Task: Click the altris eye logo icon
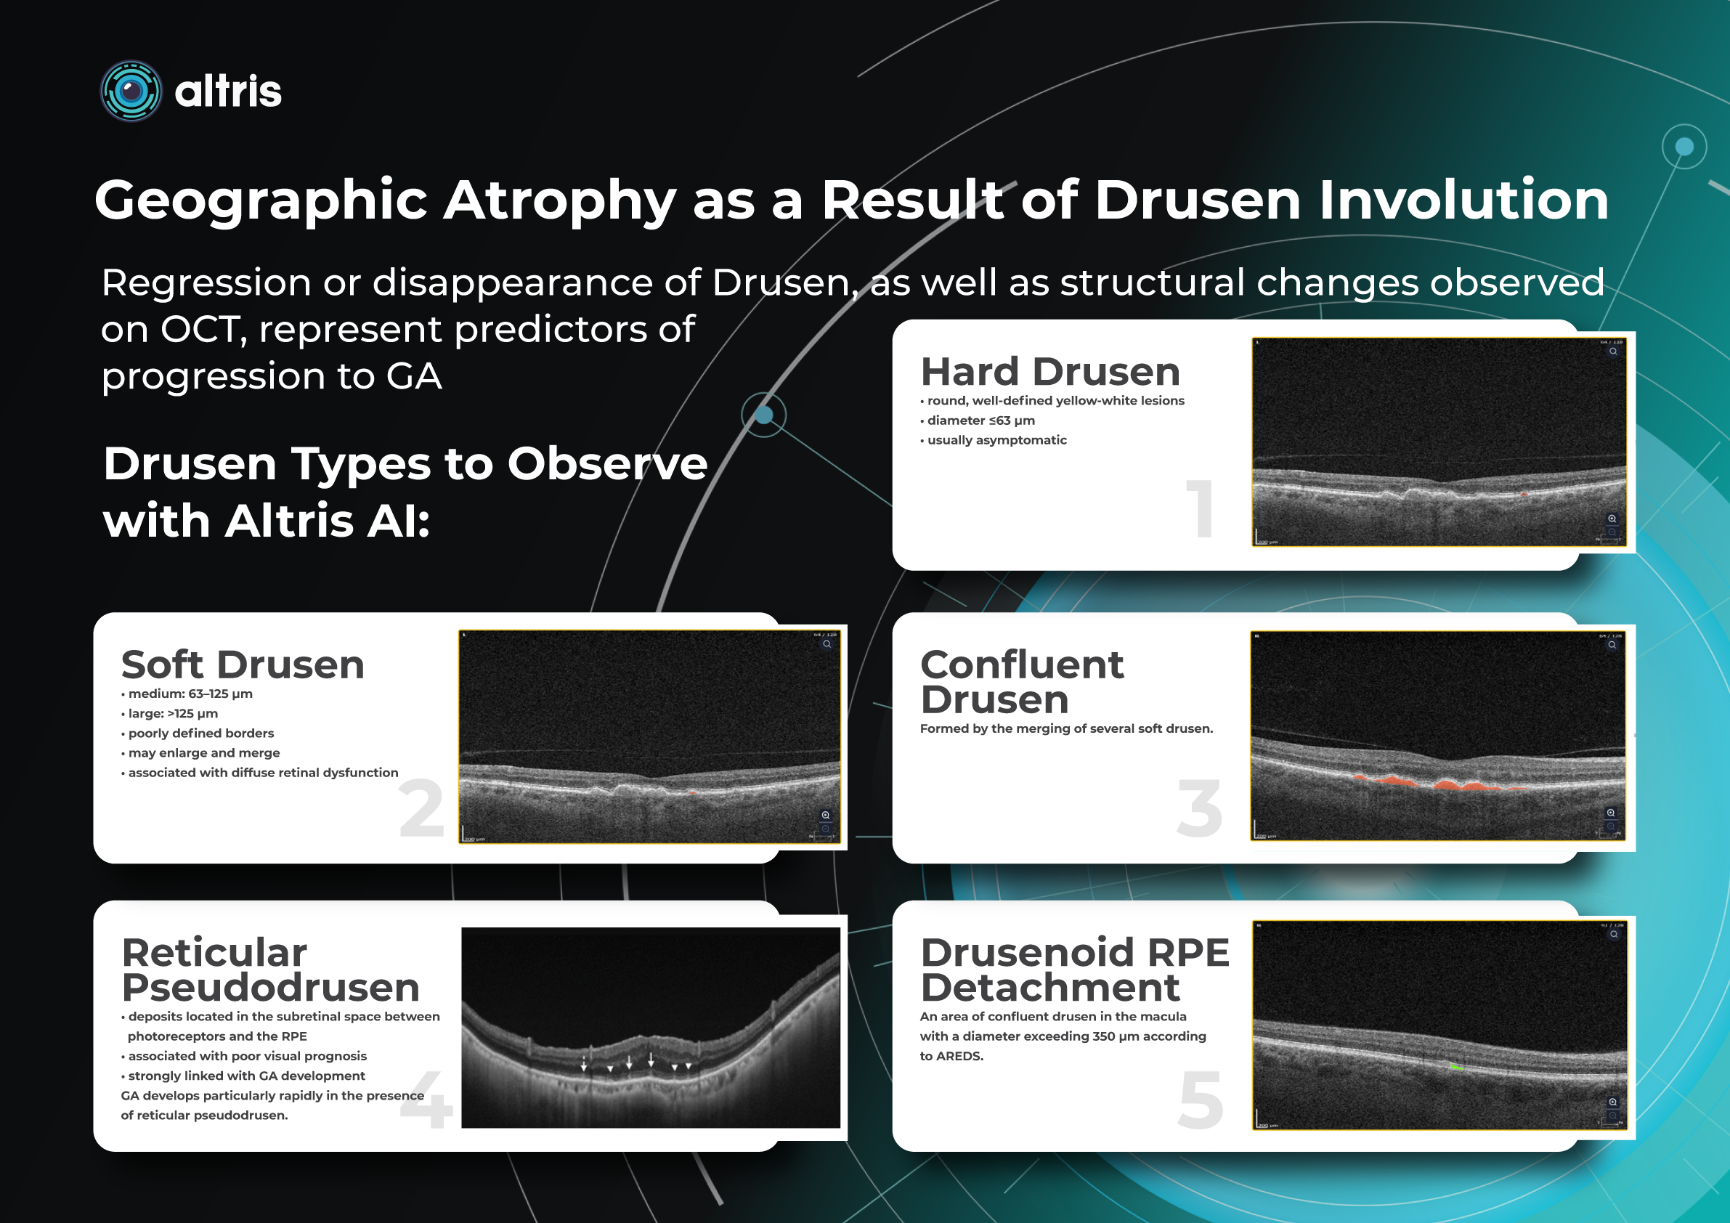[131, 92]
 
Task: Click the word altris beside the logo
[227, 92]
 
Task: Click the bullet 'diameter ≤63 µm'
[980, 420]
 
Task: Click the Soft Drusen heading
[243, 665]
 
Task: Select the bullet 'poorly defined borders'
[200, 734]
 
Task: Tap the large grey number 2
[421, 809]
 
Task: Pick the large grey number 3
[1200, 809]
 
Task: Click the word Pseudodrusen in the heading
[270, 988]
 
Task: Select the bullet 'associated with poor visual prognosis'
[247, 1056]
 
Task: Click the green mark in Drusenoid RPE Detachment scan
[1456, 1067]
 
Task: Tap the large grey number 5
[1201, 1101]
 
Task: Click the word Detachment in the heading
[1049, 988]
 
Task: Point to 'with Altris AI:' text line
[267, 521]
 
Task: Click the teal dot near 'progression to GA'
[763, 415]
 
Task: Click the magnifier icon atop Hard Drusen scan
[1612, 352]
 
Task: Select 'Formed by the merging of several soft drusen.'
[1065, 728]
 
